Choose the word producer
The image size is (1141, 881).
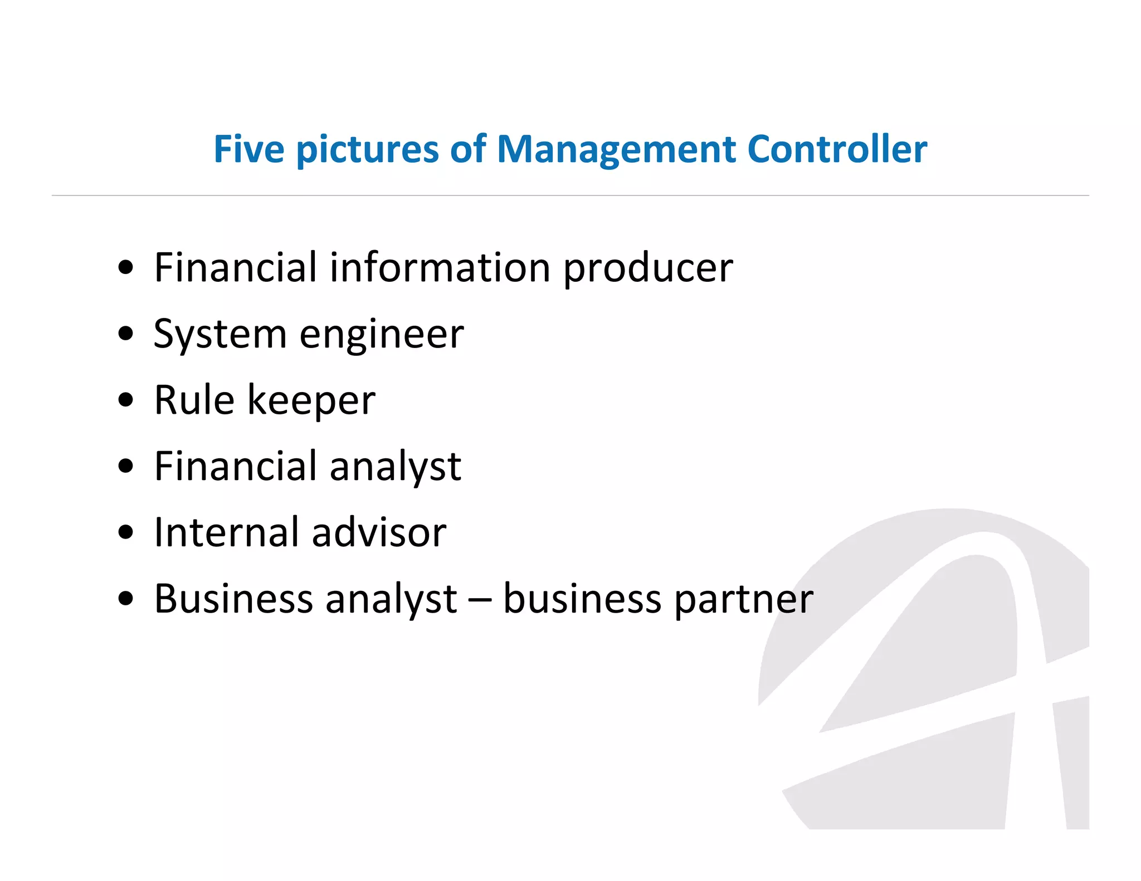[x=648, y=268]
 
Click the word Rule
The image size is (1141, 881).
[x=194, y=400]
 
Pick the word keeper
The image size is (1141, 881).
[x=311, y=401]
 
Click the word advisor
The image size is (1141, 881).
[x=379, y=532]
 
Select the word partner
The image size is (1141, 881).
[x=743, y=600]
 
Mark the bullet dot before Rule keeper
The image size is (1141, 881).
[x=126, y=400]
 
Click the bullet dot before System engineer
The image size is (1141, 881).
[x=126, y=334]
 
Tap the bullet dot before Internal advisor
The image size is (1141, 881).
[x=126, y=532]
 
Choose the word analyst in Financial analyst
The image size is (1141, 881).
[x=395, y=467]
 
